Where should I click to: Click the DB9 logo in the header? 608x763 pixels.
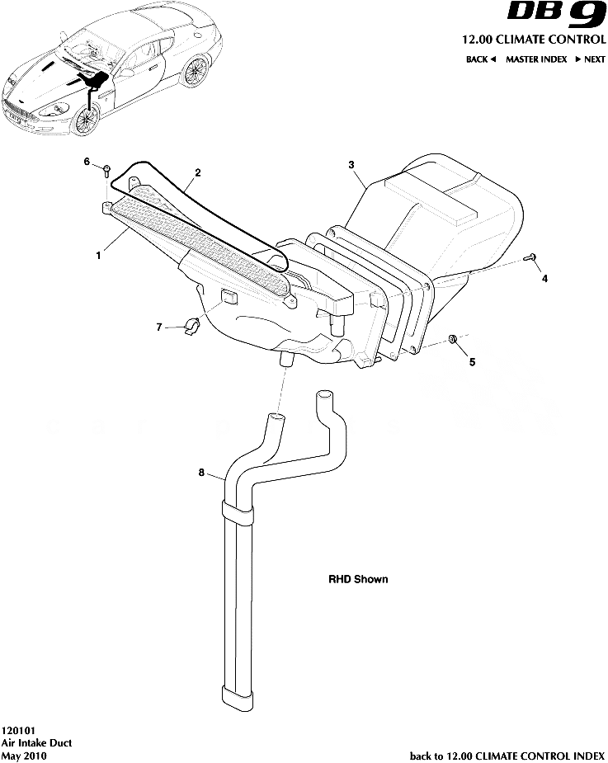556,15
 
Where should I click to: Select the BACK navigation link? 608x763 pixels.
481,59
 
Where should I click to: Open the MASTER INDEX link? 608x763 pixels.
536,59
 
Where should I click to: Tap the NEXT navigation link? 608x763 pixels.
591,59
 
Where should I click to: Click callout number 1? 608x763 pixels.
99,255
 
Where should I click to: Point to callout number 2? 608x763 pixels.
198,172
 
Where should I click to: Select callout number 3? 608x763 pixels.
351,165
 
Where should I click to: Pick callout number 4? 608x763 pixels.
544,278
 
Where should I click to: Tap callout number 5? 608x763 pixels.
472,362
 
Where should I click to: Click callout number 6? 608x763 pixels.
87,161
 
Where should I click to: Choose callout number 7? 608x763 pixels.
158,327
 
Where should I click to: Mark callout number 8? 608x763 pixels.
201,472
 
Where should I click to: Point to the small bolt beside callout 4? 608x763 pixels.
530,257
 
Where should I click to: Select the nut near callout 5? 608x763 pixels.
453,339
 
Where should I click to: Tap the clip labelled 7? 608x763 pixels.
191,326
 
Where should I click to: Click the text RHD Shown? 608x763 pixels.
358,579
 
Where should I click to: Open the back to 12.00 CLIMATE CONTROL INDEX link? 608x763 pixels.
507,756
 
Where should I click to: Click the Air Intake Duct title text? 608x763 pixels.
36,742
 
